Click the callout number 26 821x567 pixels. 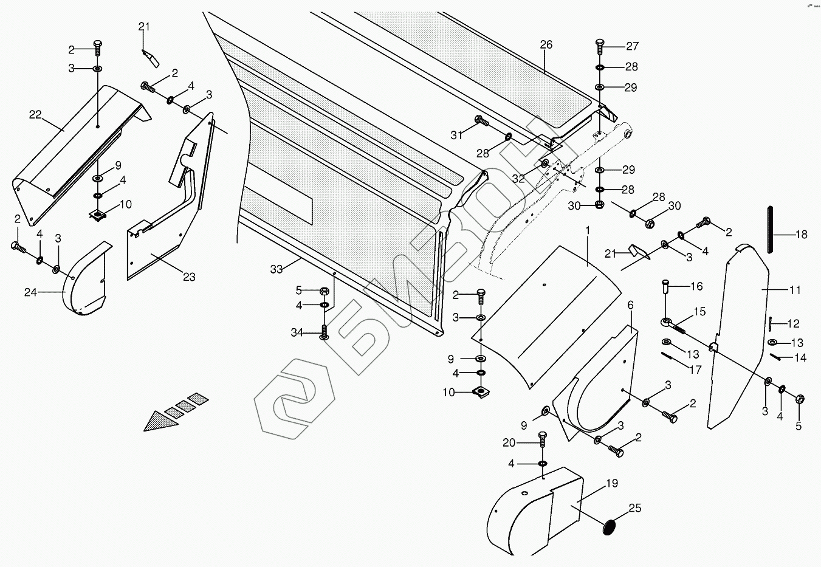546,45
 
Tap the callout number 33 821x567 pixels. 277,269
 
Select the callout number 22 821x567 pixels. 35,114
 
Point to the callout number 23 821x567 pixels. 189,277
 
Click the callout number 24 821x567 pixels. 30,292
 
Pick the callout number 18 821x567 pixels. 801,234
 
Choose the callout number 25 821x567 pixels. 634,508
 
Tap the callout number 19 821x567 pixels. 611,483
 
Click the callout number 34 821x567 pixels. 297,332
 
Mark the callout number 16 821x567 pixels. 696,286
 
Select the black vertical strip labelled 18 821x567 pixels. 769,230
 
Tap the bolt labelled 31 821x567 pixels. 481,122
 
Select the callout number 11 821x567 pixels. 795,290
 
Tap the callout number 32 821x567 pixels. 518,179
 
